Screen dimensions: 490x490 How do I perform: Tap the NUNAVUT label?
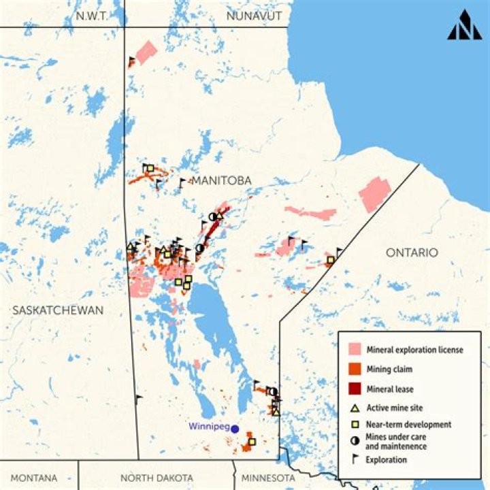tap(250, 16)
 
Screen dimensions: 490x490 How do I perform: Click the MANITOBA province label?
tap(221, 180)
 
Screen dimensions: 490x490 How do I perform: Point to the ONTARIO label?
tap(412, 252)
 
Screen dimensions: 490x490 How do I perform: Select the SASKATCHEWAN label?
tap(57, 310)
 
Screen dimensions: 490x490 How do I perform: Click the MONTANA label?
tap(33, 478)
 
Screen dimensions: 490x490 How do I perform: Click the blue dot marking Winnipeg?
tap(235, 429)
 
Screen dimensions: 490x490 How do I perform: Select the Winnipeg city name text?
tap(208, 427)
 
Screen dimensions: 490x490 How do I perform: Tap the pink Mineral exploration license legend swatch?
tap(354, 350)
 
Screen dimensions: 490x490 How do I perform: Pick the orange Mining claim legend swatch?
tap(354, 370)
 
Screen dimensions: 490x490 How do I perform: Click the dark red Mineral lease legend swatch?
tap(354, 390)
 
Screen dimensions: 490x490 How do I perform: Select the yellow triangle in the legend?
tap(354, 409)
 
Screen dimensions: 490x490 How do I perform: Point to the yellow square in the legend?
tap(354, 425)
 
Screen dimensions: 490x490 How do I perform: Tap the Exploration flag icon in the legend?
tap(354, 459)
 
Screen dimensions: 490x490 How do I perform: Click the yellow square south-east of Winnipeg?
tap(252, 442)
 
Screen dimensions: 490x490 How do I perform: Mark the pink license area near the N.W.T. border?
tap(146, 52)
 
